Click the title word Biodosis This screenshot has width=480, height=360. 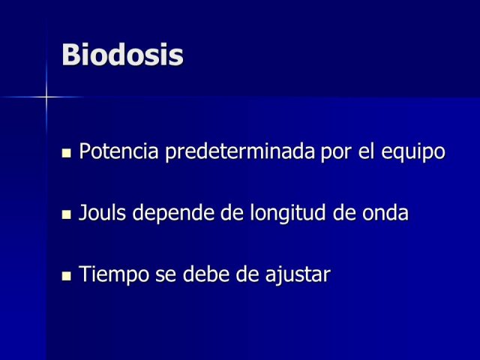click(122, 55)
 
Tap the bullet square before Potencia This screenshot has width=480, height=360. click(66, 153)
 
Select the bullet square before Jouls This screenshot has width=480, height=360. click(66, 214)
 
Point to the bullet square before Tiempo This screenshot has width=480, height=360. click(66, 276)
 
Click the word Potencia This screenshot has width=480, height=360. click(118, 151)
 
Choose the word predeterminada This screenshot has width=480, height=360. click(240, 151)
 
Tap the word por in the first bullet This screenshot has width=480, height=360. click(336, 153)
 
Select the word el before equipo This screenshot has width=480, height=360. click(366, 150)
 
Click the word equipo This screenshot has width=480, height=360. click(413, 151)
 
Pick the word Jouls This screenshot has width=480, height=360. click(102, 212)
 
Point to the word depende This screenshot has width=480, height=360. click(173, 213)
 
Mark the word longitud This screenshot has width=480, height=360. click(288, 213)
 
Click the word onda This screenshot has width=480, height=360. click(385, 212)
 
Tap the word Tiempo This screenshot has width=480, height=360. click(114, 274)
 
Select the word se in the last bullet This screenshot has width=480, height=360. click(166, 277)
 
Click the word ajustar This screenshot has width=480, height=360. click(298, 274)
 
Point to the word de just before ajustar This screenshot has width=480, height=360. click(247, 273)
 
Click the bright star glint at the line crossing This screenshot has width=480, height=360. click(46, 97)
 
